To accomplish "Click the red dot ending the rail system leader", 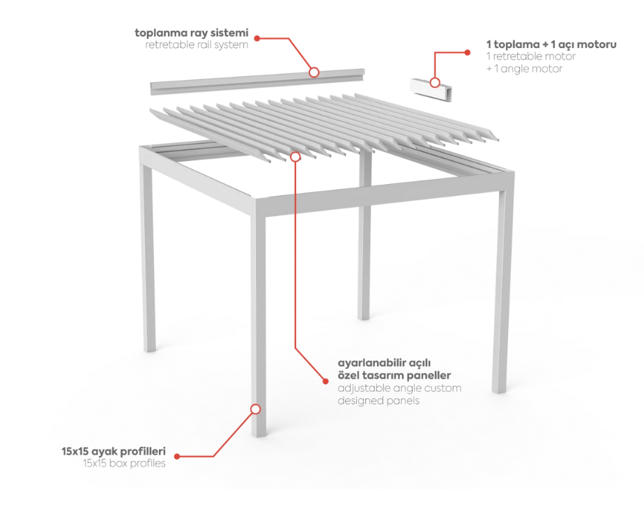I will click(256, 38).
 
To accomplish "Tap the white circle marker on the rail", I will click(314, 72).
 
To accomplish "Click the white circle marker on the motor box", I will click(435, 82).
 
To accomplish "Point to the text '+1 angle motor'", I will click(522, 69).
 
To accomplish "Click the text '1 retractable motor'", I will click(529, 56).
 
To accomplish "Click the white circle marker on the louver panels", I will click(296, 157).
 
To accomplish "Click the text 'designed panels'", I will click(378, 400).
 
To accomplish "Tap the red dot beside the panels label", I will click(325, 381).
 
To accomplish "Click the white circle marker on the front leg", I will click(256, 409).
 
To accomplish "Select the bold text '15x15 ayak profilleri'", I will click(114, 451).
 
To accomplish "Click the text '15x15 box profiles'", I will click(124, 463).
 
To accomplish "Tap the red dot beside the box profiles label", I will click(177, 457).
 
